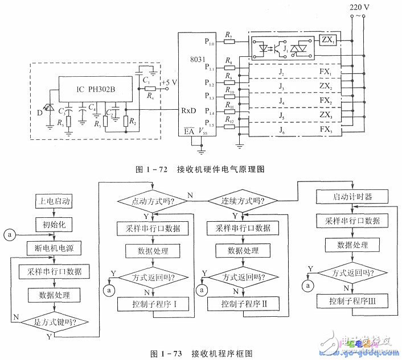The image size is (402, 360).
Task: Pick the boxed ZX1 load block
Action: (x=326, y=43)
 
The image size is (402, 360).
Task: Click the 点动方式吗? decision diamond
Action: (x=149, y=201)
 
